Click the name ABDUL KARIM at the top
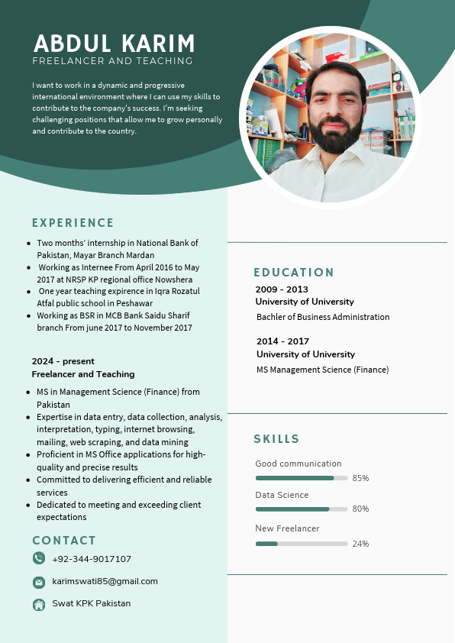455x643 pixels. point(115,43)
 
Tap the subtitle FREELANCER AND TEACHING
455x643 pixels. point(112,61)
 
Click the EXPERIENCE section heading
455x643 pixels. point(73,223)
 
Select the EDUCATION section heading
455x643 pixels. point(294,273)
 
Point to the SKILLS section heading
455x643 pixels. point(276,439)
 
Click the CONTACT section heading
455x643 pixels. point(64,541)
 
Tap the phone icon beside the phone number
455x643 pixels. point(39,558)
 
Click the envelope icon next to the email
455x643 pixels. point(39,582)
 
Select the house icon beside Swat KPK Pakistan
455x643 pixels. point(39,604)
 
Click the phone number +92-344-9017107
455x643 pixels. point(92,559)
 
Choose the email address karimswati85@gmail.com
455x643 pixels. point(105,581)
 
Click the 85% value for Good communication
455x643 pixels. point(360,478)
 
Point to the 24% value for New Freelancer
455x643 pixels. point(360,544)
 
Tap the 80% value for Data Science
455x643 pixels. point(360,509)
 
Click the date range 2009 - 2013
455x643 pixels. point(282,289)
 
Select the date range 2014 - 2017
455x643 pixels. point(282,341)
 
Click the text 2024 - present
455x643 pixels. point(63,361)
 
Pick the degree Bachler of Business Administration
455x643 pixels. point(323,317)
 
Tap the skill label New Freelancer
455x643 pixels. point(287,528)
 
